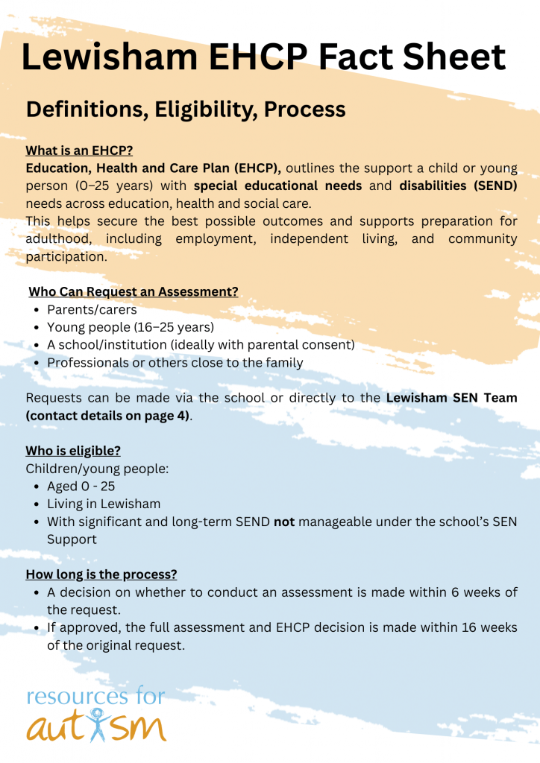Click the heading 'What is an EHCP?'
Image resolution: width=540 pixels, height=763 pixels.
click(79, 150)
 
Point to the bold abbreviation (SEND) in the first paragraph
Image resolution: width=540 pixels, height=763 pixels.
click(485, 186)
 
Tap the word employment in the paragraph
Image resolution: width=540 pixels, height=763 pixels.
click(217, 239)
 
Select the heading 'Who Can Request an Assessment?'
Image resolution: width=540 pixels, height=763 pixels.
click(134, 291)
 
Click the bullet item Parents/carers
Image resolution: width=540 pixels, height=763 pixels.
click(92, 309)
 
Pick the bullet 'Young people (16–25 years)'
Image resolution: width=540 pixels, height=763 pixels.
click(131, 327)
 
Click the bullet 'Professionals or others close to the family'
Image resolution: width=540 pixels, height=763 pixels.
click(175, 363)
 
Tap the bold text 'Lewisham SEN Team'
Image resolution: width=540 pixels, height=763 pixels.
click(451, 398)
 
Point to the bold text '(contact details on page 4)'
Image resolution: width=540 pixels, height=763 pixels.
click(107, 415)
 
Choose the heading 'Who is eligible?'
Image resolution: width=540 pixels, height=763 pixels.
click(73, 451)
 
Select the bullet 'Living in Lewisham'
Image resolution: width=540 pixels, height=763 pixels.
click(104, 504)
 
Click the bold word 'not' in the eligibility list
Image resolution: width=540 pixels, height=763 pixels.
click(284, 522)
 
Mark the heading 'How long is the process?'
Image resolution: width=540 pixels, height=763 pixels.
click(101, 574)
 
